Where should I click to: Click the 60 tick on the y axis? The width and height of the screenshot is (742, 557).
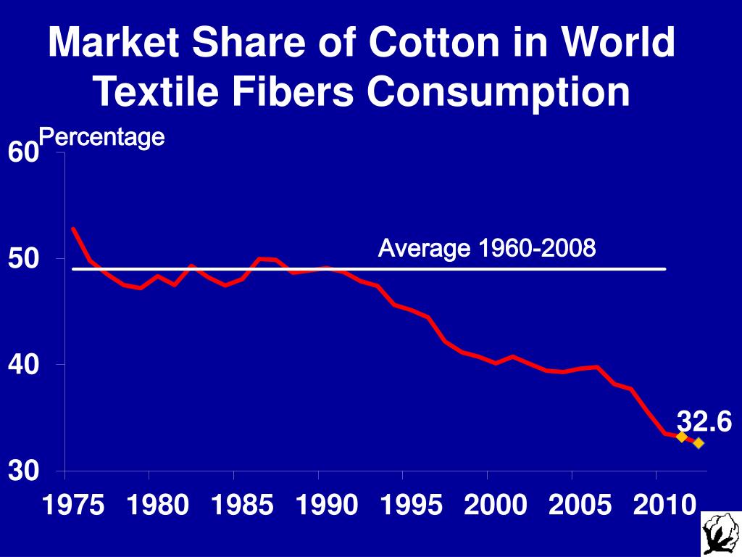click(22, 153)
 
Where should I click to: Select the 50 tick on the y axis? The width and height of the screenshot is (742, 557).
click(22, 259)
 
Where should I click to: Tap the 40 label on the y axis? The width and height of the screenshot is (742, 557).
click(22, 365)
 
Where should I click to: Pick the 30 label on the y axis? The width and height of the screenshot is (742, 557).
click(22, 472)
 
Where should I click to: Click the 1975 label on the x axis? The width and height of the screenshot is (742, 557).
click(73, 506)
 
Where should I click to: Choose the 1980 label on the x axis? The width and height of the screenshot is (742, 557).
click(158, 506)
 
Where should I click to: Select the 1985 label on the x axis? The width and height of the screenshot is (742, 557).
click(243, 506)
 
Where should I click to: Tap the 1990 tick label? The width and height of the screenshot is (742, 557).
click(328, 506)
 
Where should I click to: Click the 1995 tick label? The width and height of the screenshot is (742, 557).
click(412, 506)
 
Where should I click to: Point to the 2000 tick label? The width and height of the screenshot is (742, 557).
click(496, 506)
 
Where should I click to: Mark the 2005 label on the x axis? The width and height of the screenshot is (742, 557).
click(580, 506)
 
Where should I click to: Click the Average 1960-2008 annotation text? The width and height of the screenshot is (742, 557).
click(487, 249)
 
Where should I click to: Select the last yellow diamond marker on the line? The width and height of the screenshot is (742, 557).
click(698, 442)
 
